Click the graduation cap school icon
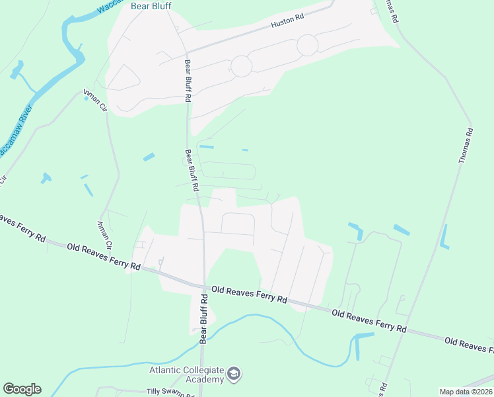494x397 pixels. point(234,375)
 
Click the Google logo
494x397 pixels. point(22,389)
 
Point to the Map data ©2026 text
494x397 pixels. point(466,392)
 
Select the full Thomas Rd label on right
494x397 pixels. point(466,146)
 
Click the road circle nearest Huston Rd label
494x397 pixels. point(307,45)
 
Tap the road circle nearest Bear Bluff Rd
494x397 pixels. point(241,66)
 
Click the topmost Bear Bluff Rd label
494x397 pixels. point(188,79)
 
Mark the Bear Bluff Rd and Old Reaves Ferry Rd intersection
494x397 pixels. point(204,287)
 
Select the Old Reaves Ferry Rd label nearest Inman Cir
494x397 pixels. point(103,257)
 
